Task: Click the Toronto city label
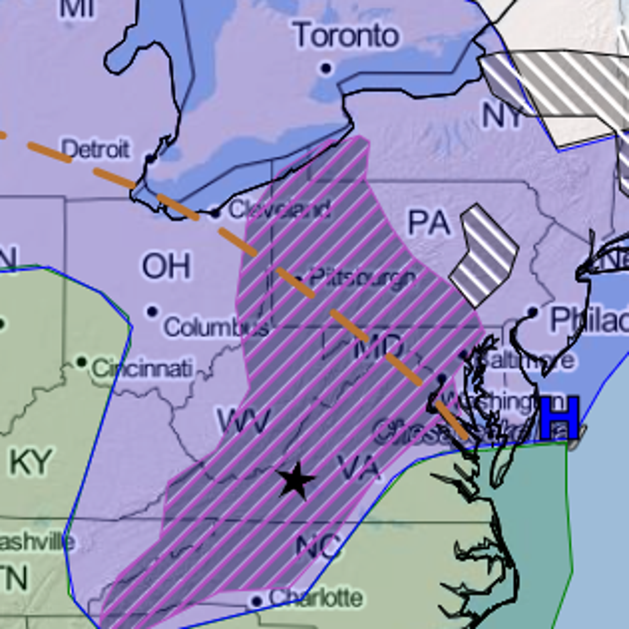coord(346,36)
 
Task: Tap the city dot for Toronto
coord(326,68)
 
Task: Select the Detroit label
coord(95,149)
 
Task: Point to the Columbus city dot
coord(153,312)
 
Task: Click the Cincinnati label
coord(143,368)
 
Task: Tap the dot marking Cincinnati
coord(81,362)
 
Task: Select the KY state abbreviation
coord(30,462)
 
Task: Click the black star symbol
coord(296,480)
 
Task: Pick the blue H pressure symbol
coord(560,418)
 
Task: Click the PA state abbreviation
coord(429,222)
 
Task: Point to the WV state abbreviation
coord(244,420)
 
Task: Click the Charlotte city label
coord(316,598)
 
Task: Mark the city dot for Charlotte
coord(256,601)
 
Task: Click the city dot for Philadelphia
coord(533,312)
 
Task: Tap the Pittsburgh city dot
coord(299,278)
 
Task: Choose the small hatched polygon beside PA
coord(483,255)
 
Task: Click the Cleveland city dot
coord(215,213)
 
